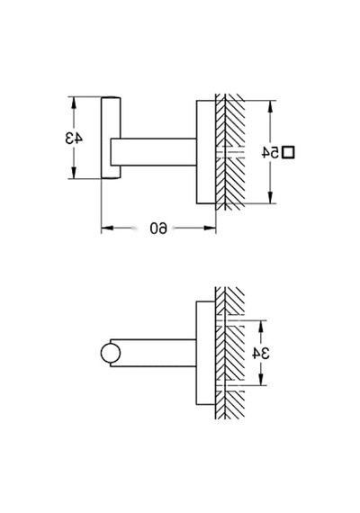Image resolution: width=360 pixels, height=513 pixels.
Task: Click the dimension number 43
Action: click(x=74, y=138)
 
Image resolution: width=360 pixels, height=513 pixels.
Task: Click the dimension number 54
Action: click(x=271, y=152)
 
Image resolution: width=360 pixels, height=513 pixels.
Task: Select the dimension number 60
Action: click(x=158, y=228)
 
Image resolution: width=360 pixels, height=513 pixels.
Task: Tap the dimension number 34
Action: click(x=261, y=353)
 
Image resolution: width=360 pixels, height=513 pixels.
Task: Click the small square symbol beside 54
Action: click(x=288, y=152)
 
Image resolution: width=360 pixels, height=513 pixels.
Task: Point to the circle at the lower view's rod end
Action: click(x=111, y=354)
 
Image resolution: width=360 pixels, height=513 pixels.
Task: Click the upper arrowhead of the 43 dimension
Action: click(x=74, y=103)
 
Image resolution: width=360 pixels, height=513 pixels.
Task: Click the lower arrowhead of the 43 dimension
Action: click(x=74, y=173)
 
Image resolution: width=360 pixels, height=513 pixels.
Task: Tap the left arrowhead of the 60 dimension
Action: click(x=107, y=228)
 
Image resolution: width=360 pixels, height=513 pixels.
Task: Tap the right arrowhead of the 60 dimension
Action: click(x=210, y=228)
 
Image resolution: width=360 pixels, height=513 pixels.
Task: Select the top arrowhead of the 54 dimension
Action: click(x=270, y=106)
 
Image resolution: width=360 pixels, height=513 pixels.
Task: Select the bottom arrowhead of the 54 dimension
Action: click(x=270, y=197)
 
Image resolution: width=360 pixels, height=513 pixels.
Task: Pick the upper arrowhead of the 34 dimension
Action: click(x=261, y=327)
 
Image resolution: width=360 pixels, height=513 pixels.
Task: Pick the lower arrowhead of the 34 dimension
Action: click(x=261, y=379)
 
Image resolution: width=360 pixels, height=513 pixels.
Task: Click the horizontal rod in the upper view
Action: click(x=154, y=152)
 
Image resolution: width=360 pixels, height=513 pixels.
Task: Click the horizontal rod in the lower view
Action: click(x=154, y=353)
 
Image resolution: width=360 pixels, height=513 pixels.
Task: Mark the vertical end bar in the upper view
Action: click(x=111, y=138)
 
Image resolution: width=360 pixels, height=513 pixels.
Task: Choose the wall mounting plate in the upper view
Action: click(x=206, y=152)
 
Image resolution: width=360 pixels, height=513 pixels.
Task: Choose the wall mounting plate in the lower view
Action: click(x=206, y=353)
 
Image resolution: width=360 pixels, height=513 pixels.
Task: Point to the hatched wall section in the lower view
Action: click(x=230, y=353)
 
